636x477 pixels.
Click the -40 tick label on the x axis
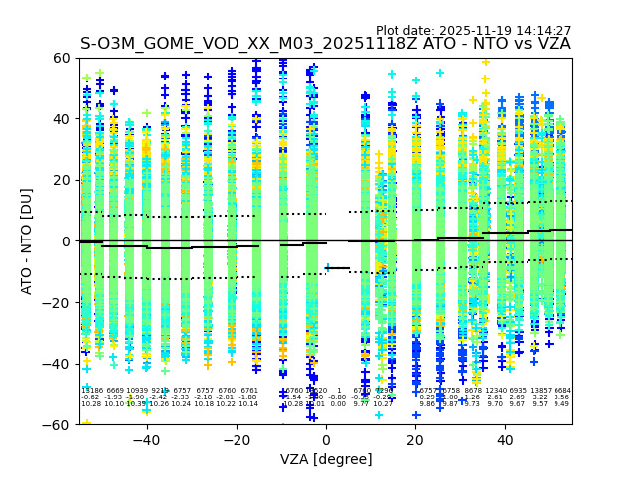click(x=146, y=440)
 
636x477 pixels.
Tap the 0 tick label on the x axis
click(x=326, y=440)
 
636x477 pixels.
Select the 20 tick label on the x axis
click(x=415, y=440)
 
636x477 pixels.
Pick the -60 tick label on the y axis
click(x=58, y=424)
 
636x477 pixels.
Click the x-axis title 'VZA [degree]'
click(x=326, y=459)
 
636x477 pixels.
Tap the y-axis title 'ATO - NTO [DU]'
click(x=27, y=241)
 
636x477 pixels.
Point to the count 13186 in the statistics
click(x=91, y=391)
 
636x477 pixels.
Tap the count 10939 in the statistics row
click(x=137, y=391)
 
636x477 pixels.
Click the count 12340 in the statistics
click(x=495, y=391)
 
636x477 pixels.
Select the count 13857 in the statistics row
click(x=540, y=391)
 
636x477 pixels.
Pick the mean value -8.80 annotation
click(x=338, y=397)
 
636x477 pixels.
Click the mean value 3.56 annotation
click(x=562, y=397)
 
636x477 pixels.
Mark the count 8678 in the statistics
click(x=473, y=391)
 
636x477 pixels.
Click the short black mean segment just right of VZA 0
click(x=338, y=268)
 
